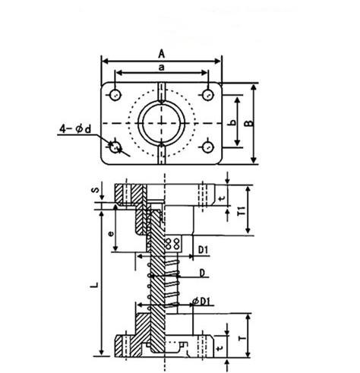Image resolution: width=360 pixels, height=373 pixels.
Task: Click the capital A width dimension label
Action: [161, 52]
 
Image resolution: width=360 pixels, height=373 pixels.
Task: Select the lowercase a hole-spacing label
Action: [162, 68]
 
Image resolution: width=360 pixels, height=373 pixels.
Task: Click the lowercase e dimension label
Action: [112, 234]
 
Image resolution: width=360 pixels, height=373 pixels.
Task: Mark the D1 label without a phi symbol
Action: [204, 249]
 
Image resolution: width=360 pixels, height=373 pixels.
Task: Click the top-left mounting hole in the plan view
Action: [115, 95]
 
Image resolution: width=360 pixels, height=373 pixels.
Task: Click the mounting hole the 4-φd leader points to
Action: [115, 147]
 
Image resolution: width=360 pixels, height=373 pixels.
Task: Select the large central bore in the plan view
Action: [161, 121]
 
